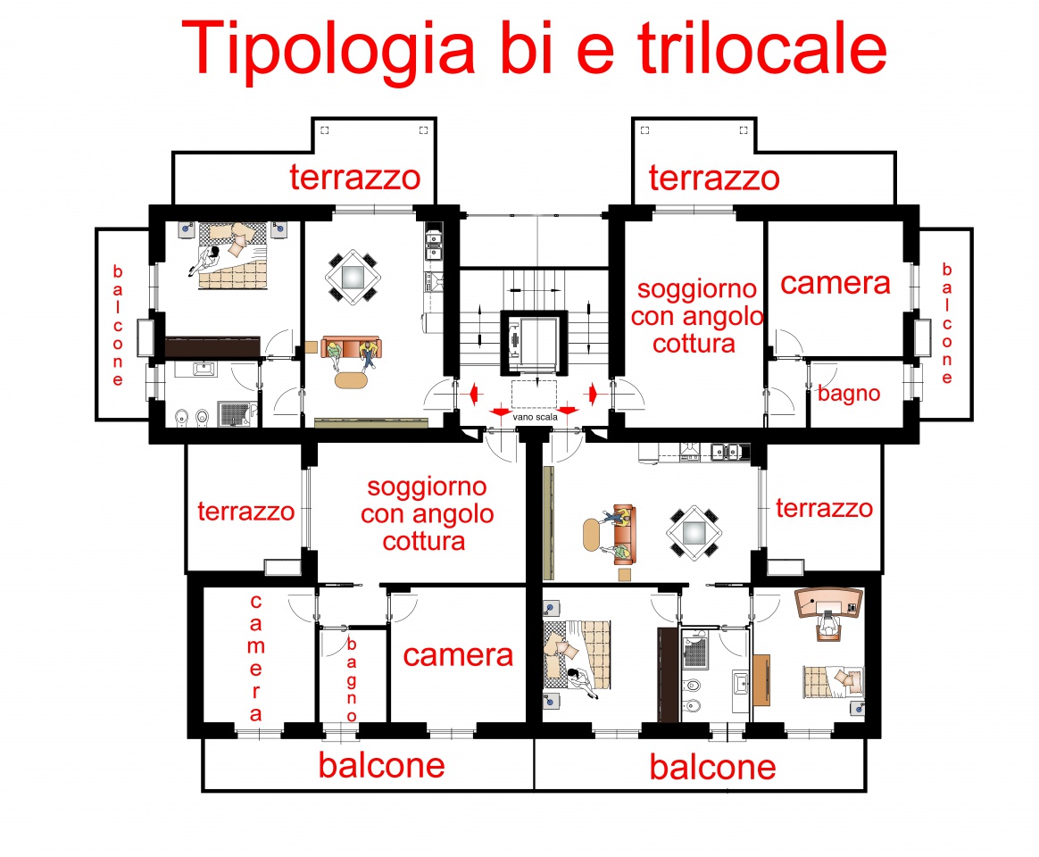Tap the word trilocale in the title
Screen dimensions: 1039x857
(762, 47)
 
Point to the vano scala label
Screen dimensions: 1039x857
(535, 417)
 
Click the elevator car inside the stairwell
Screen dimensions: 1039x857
(534, 343)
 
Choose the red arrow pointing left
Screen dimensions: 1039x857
(473, 395)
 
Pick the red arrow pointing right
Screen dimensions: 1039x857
(593, 395)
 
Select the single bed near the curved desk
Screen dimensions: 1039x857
(833, 682)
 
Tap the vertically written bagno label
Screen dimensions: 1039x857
(352, 680)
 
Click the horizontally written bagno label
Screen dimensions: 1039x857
(849, 394)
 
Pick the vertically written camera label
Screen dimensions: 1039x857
(256, 658)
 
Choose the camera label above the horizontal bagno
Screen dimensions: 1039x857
(835, 283)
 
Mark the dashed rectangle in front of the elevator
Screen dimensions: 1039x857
(534, 394)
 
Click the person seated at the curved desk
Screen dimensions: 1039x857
(827, 624)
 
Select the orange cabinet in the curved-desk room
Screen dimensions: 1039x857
(761, 679)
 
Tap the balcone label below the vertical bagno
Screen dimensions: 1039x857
(382, 766)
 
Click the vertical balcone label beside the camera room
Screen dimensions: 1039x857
(947, 324)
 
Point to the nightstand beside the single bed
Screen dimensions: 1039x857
(858, 708)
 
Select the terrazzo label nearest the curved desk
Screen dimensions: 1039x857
(824, 508)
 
